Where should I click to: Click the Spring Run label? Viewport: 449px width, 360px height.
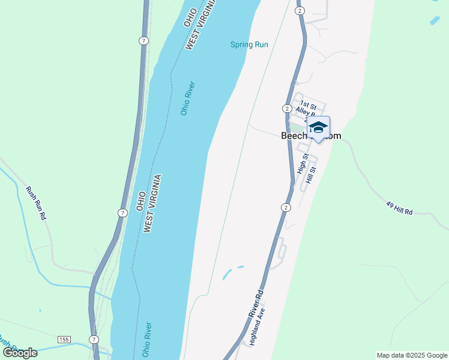click(x=249, y=44)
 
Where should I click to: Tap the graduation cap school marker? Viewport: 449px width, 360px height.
click(x=318, y=128)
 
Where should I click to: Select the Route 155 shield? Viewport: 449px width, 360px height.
click(x=64, y=340)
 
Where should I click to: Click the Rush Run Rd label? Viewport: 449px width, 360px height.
click(x=35, y=203)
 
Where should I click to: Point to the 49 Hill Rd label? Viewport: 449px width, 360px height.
click(x=400, y=208)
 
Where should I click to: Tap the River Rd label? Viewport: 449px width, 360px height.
click(x=256, y=305)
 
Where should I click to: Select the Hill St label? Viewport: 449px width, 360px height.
click(x=310, y=175)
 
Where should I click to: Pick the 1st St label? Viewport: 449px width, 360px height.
click(x=308, y=104)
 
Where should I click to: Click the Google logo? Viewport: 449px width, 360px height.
click(x=20, y=352)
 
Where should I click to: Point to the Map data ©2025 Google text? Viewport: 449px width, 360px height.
click(x=412, y=355)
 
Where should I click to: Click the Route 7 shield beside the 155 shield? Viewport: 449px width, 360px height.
click(x=94, y=340)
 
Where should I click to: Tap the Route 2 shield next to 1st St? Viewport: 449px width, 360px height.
click(x=287, y=109)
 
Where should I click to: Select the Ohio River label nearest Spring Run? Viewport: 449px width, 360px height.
click(x=188, y=98)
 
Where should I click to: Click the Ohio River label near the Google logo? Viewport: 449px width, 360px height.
click(x=147, y=338)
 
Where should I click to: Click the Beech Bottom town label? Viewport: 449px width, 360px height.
click(x=311, y=136)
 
